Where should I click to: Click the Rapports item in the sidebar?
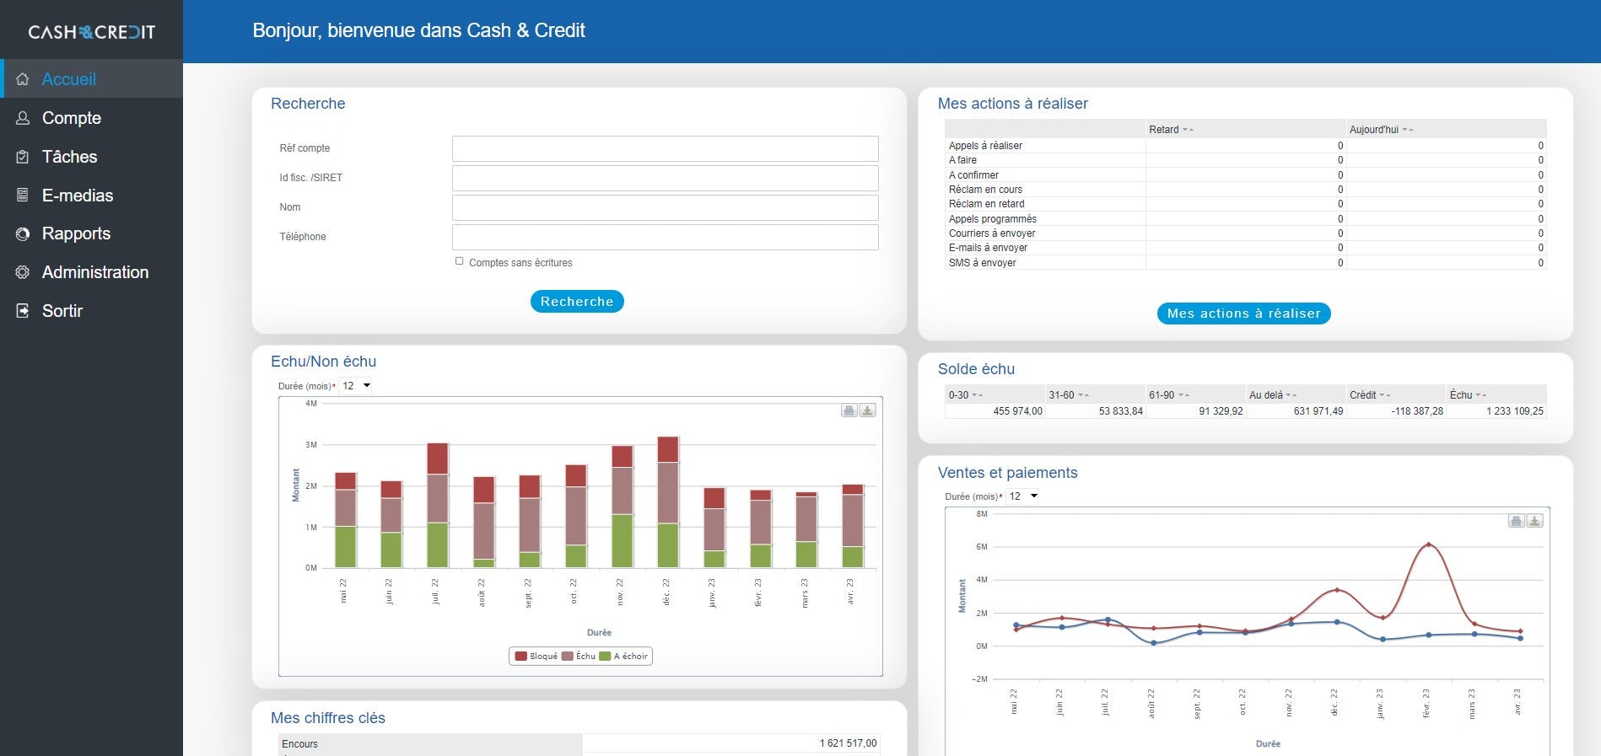76,233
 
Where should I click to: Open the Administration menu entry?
94,272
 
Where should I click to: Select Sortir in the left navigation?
62,311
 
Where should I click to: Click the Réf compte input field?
665,148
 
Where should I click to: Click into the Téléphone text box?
665,237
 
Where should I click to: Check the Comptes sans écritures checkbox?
460,261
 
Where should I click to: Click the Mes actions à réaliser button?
1243,314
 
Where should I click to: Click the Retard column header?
1164,130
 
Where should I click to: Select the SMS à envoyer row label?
982,263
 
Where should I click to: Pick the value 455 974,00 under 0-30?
1017,411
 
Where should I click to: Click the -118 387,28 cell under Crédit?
1417,411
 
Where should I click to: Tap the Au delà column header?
1266,395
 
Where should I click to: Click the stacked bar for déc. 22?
667,501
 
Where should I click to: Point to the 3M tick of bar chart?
311,445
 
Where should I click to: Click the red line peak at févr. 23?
1428,544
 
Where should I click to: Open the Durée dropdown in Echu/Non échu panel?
357,386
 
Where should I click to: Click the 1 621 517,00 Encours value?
848,743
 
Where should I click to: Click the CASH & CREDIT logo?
91,32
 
